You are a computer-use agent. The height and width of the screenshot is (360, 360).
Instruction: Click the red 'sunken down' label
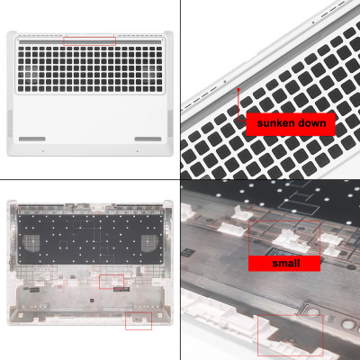click(x=291, y=123)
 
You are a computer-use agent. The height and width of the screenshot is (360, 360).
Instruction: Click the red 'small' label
click(x=285, y=263)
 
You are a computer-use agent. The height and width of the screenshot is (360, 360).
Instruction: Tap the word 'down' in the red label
click(x=314, y=123)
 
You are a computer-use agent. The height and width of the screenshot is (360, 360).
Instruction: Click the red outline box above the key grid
click(x=90, y=40)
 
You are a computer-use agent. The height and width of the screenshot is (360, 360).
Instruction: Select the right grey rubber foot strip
click(x=148, y=139)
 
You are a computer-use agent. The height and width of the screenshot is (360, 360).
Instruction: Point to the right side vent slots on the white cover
click(x=169, y=121)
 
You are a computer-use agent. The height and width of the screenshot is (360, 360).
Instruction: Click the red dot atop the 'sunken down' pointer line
click(x=238, y=90)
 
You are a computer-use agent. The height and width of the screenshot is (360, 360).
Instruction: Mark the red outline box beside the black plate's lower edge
click(x=112, y=281)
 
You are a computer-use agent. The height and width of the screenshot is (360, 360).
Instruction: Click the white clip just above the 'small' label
click(x=290, y=241)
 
